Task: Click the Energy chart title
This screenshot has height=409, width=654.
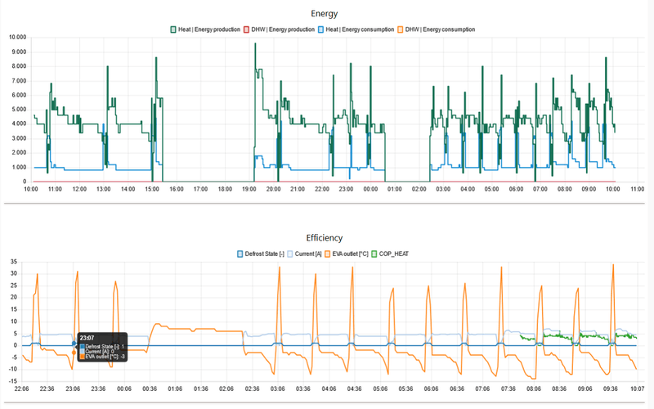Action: click(x=326, y=13)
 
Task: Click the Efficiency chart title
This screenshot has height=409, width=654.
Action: click(x=326, y=237)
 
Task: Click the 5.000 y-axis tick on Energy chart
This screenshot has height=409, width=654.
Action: click(x=17, y=110)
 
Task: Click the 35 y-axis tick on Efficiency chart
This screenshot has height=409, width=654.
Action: click(x=13, y=263)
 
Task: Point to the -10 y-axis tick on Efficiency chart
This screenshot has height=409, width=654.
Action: click(x=12, y=369)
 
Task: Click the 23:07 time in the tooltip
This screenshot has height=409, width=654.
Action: click(x=87, y=336)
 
